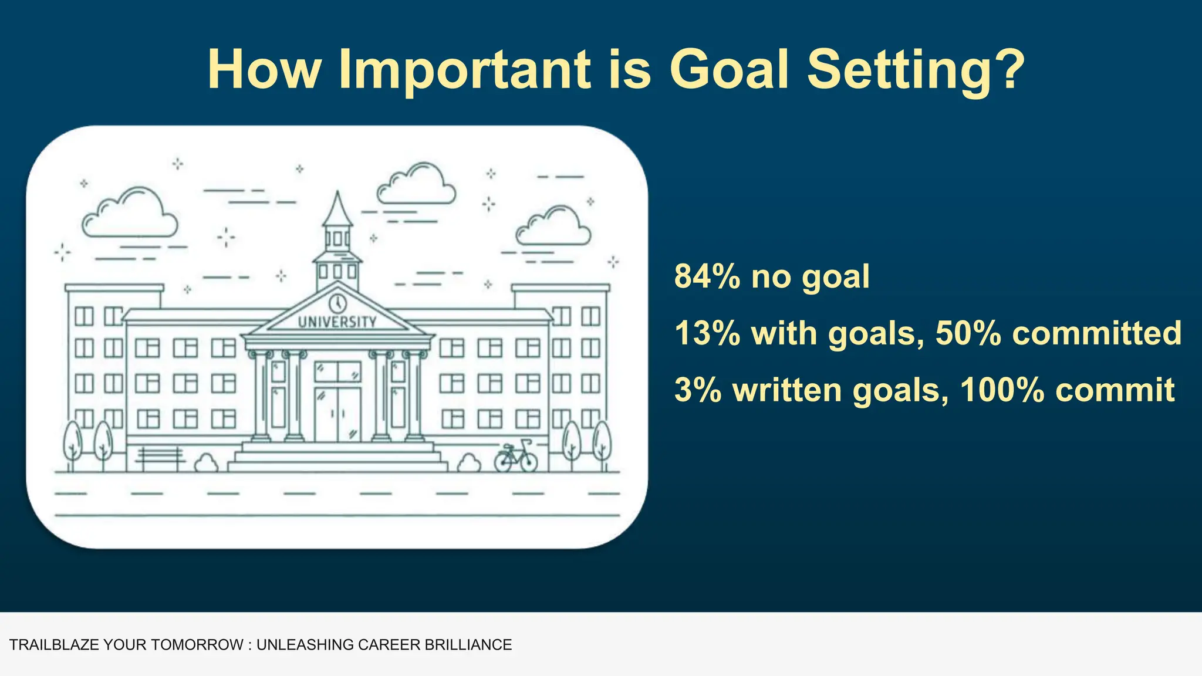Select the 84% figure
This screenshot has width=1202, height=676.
click(x=707, y=276)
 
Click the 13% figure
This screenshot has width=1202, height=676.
click(x=707, y=333)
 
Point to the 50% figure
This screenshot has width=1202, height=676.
click(x=968, y=333)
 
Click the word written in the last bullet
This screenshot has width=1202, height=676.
click(x=786, y=390)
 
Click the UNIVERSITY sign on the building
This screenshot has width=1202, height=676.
click(x=337, y=322)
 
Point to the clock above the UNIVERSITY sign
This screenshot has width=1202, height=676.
click(x=337, y=303)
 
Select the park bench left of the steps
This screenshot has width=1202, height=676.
click(x=160, y=458)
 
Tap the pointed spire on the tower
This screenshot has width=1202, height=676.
click(x=337, y=208)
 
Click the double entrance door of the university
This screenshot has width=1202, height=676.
click(x=337, y=414)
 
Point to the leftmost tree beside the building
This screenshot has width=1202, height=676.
click(x=73, y=443)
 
